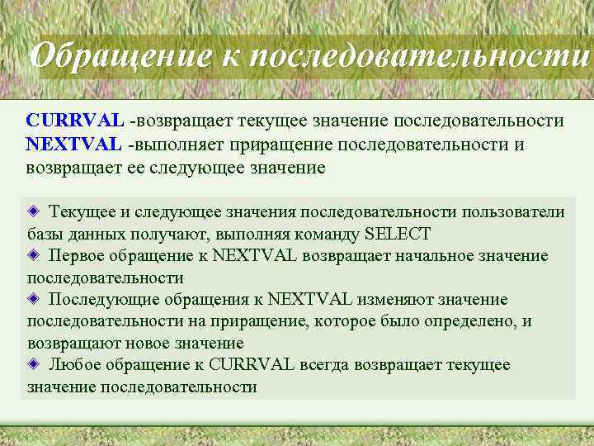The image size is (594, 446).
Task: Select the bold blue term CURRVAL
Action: [x=75, y=121]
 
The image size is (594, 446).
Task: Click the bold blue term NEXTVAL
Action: [x=73, y=145]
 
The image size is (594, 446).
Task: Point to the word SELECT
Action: [x=397, y=234]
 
